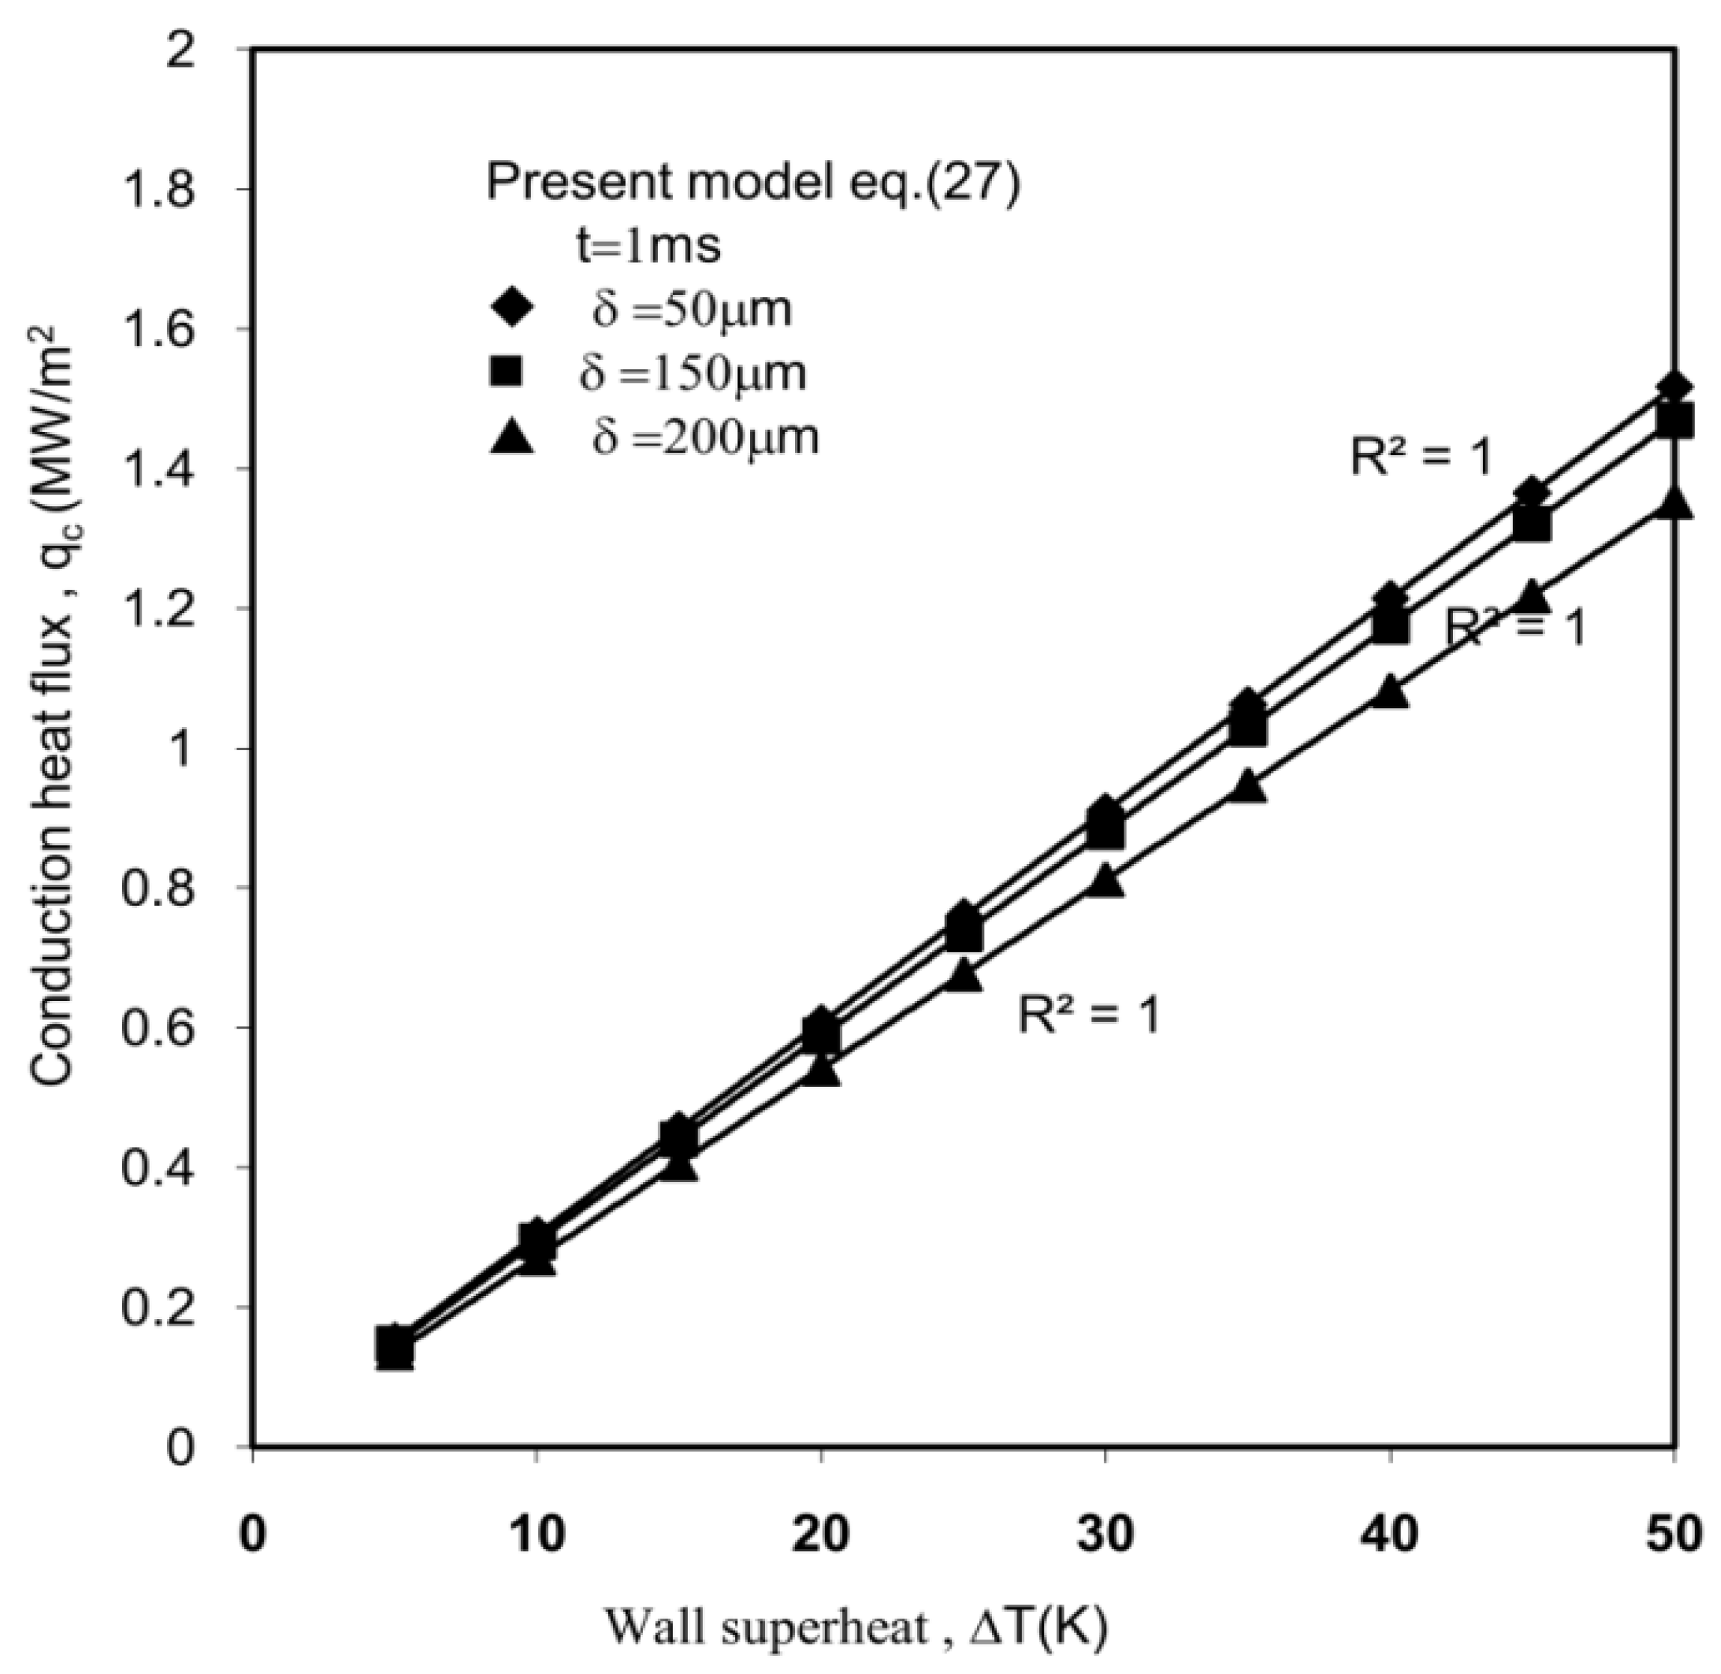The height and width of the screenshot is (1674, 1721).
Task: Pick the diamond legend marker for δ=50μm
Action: point(511,309)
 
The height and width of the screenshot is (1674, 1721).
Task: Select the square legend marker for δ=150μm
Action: point(509,374)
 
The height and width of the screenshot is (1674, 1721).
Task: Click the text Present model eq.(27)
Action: point(753,183)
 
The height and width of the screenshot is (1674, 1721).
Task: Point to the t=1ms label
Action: point(648,247)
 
